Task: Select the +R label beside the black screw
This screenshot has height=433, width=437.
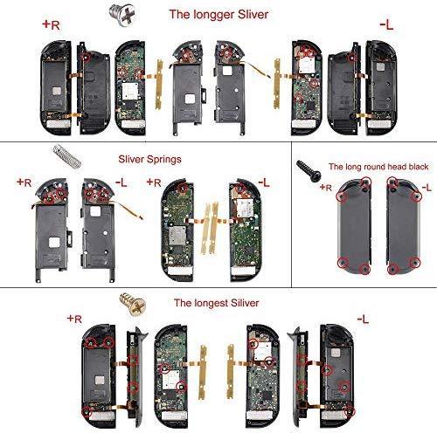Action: (326, 187)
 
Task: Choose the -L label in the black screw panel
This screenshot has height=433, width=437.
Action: (426, 188)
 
